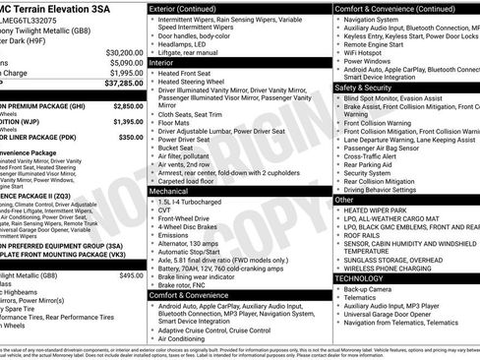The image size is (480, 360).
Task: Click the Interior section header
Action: pyautogui.click(x=162, y=61)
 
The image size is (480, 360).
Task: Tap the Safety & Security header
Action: pyautogui.click(x=370, y=88)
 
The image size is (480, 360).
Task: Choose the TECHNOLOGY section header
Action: pyautogui.click(x=365, y=278)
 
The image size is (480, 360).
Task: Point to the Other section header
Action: pyautogui.click(x=345, y=199)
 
